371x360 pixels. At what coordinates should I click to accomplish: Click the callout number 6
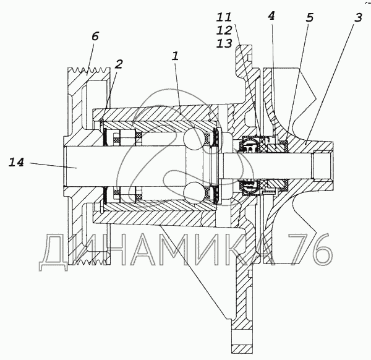point(95,36)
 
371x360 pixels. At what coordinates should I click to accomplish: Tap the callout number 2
point(119,64)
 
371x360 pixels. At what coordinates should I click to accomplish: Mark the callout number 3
point(358,18)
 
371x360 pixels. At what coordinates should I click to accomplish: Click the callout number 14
point(17,163)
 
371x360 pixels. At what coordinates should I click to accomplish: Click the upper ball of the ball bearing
point(196,140)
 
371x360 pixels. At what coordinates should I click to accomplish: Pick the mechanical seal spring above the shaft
point(249,145)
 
